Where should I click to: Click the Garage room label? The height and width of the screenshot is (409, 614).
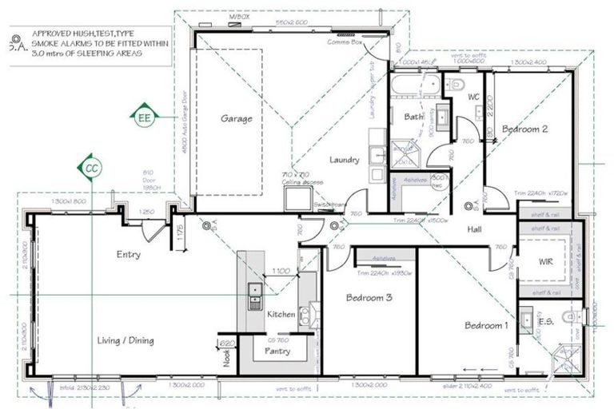(237, 119)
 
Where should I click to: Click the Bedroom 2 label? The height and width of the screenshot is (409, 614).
(524, 128)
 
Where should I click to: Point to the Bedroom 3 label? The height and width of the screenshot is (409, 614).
(369, 298)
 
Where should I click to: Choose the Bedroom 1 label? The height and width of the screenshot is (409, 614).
(487, 326)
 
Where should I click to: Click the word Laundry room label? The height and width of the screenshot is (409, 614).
(345, 160)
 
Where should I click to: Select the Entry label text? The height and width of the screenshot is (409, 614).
(128, 255)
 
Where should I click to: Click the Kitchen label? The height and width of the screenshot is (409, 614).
(281, 315)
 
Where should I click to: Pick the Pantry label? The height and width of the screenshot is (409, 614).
(277, 351)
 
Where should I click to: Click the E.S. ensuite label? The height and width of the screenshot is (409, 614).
(546, 322)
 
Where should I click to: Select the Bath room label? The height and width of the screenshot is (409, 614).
(413, 117)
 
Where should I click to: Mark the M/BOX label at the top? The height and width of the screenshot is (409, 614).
(239, 16)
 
